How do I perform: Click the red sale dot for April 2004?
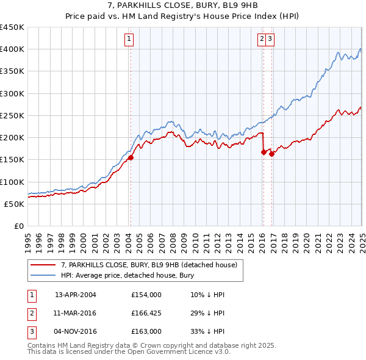[131, 157]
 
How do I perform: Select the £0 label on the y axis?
[20, 226]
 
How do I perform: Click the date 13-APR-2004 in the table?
[76, 295]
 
